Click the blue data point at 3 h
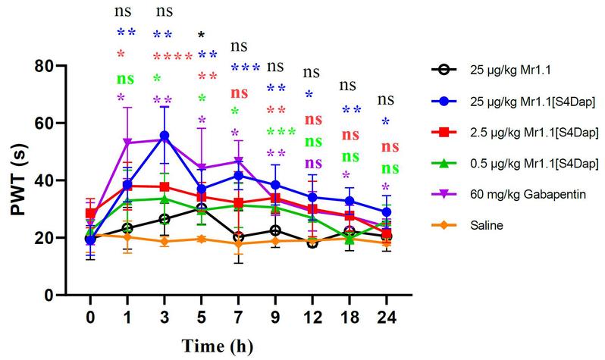pyautogui.click(x=165, y=136)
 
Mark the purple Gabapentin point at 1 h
pyautogui.click(x=128, y=142)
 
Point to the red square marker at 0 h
pyautogui.click(x=91, y=214)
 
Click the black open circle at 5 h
pyautogui.click(x=201, y=208)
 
